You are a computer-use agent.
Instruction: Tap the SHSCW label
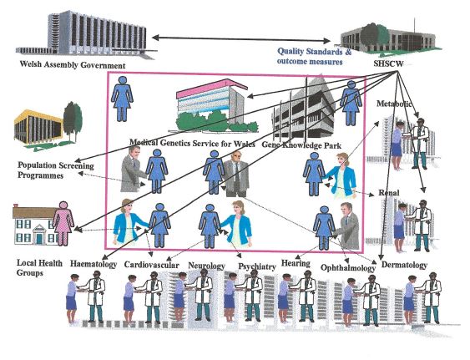(388, 63)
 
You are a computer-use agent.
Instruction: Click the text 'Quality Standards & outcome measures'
(314, 57)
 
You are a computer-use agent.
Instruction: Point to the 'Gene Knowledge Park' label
(301, 145)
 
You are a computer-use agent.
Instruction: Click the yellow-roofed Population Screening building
(48, 127)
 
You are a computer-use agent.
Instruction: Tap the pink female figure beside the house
(63, 224)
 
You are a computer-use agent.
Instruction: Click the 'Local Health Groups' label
(39, 268)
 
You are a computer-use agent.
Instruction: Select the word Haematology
(93, 264)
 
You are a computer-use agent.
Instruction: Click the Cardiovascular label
(152, 265)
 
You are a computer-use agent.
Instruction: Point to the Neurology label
(206, 266)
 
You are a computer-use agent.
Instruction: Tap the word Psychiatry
(257, 266)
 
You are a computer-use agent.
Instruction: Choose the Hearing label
(296, 263)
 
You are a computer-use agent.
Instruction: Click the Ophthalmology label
(348, 268)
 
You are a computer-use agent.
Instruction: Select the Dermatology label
(404, 265)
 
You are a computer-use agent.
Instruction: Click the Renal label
(389, 193)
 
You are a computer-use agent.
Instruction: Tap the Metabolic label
(394, 104)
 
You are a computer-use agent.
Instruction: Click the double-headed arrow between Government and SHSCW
(241, 39)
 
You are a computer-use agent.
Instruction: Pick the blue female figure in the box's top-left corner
(122, 99)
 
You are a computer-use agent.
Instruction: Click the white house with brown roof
(35, 225)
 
